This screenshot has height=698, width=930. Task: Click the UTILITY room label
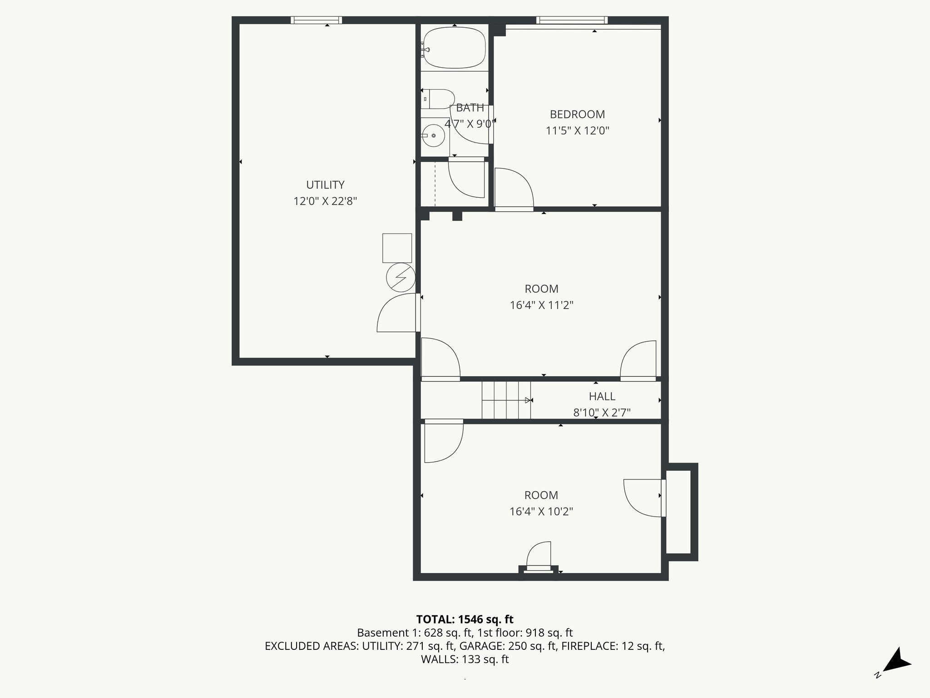click(325, 185)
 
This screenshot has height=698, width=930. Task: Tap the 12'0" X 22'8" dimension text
click(325, 201)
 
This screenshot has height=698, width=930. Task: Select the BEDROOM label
click(577, 115)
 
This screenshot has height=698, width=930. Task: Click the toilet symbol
click(438, 99)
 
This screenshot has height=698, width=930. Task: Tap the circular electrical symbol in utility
click(401, 277)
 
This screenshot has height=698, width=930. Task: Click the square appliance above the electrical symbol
click(397, 248)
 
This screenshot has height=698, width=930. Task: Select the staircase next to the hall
click(506, 400)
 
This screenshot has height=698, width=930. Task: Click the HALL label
click(602, 396)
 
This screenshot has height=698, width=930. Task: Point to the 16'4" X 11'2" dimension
click(541, 305)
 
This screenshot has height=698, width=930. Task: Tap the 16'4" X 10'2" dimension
click(541, 512)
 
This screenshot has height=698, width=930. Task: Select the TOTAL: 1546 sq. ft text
click(465, 619)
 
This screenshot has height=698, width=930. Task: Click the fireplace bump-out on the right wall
click(680, 512)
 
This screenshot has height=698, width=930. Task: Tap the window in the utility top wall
click(316, 20)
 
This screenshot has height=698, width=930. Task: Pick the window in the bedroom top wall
click(572, 20)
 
